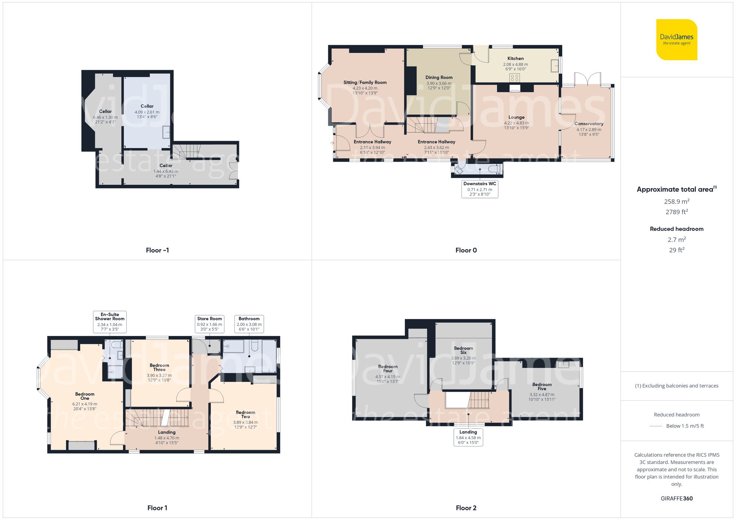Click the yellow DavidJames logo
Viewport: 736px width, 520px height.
[x=676, y=40]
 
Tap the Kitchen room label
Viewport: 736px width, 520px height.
[x=515, y=58]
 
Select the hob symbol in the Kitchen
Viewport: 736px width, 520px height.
[x=514, y=78]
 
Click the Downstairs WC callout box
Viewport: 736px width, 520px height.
[x=480, y=189]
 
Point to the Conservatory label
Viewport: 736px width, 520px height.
[x=588, y=124]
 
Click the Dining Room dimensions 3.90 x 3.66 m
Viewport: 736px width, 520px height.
[x=439, y=83]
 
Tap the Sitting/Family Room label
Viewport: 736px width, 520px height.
[x=365, y=82]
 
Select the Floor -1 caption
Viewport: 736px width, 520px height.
[x=157, y=250]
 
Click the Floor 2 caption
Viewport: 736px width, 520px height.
[x=466, y=508]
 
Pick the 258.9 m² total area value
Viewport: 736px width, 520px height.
[x=676, y=201]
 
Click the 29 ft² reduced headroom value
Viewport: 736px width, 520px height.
[x=676, y=250]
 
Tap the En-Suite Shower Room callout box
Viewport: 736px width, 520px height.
[x=110, y=322]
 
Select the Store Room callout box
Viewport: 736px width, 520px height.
[x=209, y=324]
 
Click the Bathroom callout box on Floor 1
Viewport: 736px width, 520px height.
[x=249, y=324]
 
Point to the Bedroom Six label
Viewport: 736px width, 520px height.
[x=463, y=350]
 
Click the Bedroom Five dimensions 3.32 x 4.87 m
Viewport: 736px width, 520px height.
[x=542, y=395]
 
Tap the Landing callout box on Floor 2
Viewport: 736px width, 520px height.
[x=468, y=437]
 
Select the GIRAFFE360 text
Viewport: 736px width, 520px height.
[x=676, y=499]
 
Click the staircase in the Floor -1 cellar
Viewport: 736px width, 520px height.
[x=187, y=151]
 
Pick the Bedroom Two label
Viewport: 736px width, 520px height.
[x=245, y=415]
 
